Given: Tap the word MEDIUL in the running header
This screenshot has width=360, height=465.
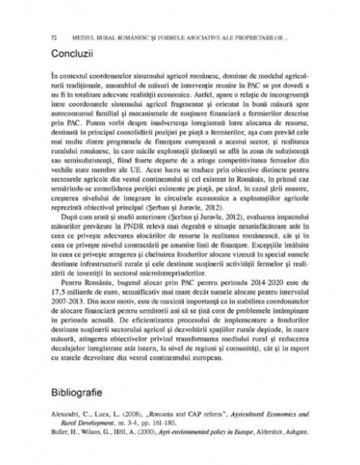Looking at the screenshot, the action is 81,37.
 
